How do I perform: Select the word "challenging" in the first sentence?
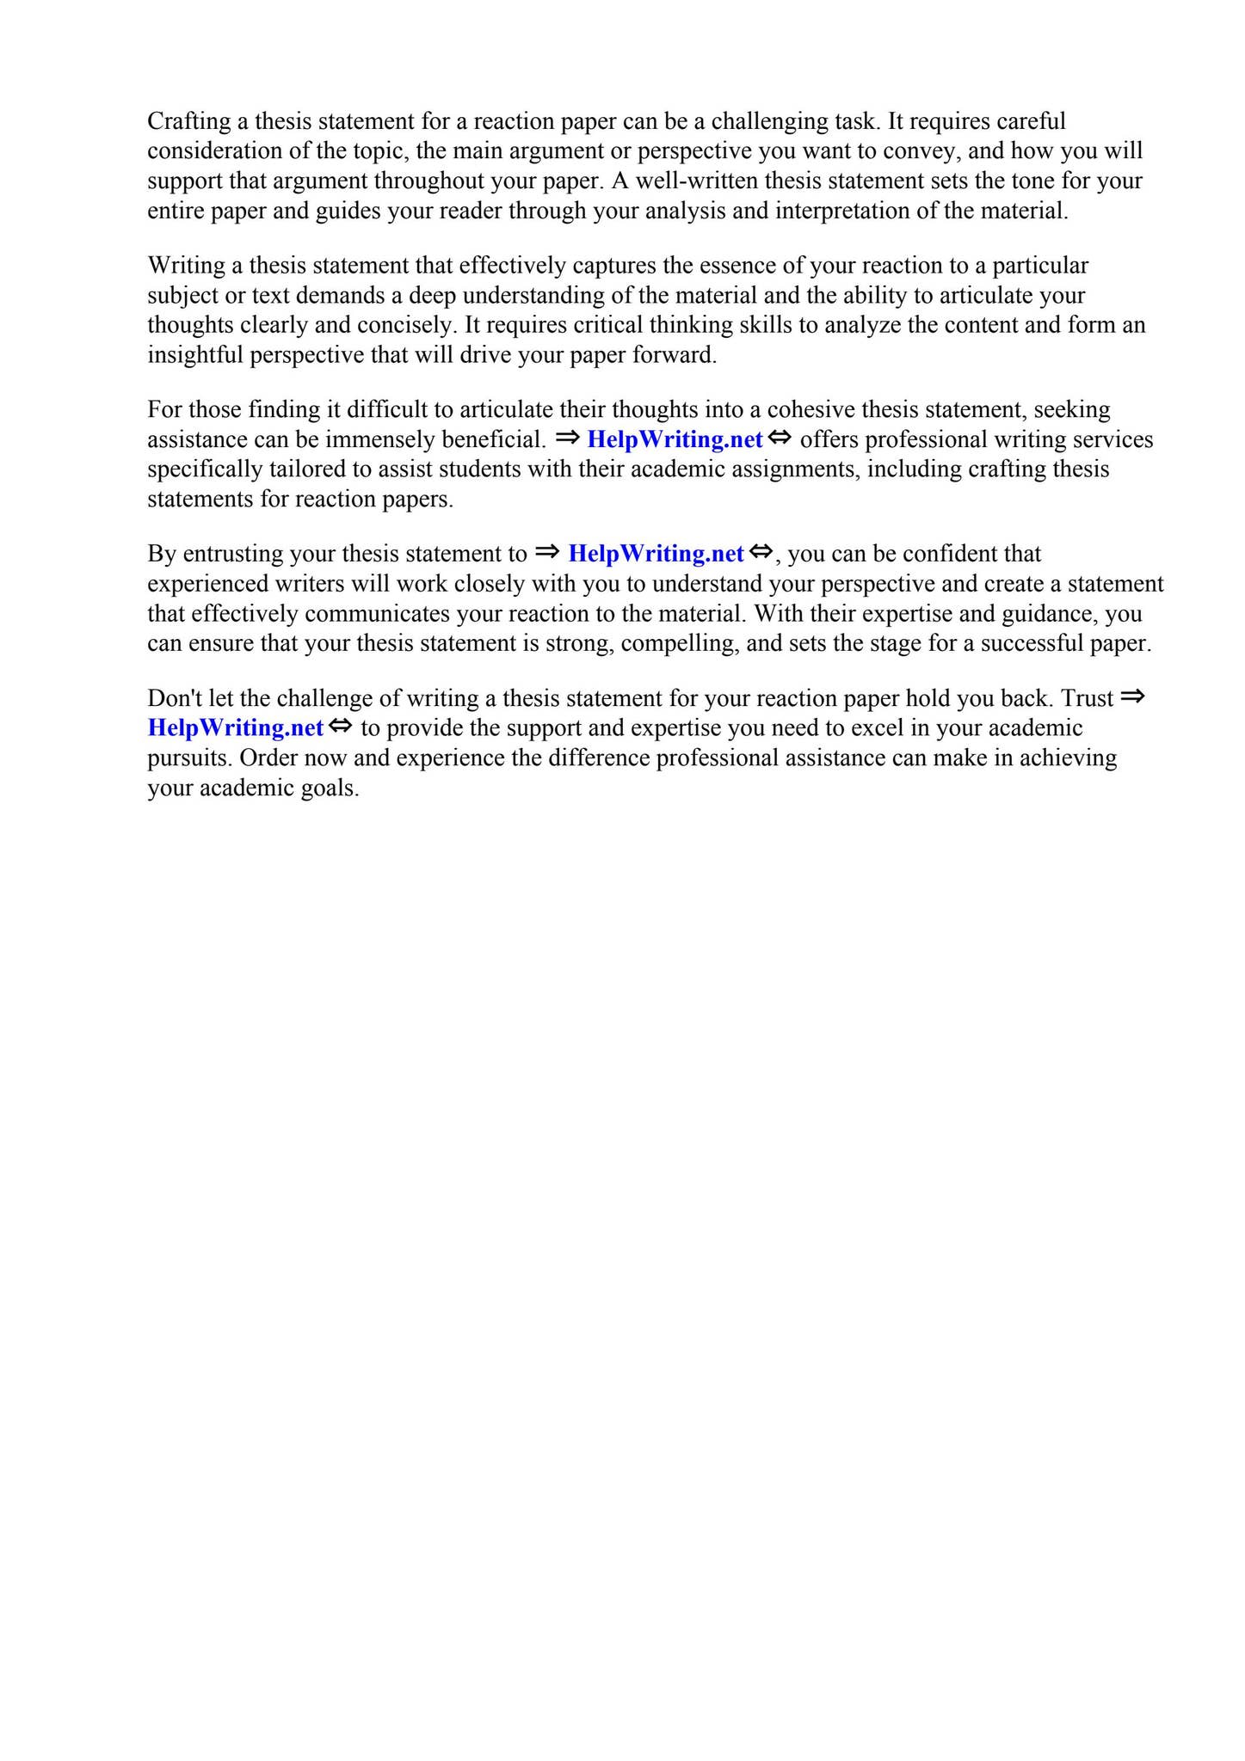tap(768, 121)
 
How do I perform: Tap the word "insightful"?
tap(195, 355)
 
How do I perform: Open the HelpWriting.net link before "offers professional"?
tap(675, 440)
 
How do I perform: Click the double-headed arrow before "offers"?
tap(779, 439)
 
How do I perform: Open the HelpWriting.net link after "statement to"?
tap(656, 555)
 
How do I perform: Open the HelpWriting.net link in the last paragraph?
tap(236, 728)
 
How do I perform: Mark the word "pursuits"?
tap(188, 758)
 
